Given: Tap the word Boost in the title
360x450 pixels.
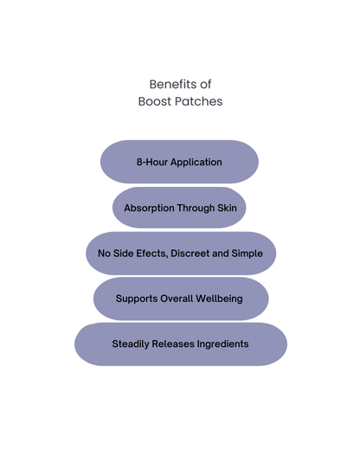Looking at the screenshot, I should pyautogui.click(x=156, y=101).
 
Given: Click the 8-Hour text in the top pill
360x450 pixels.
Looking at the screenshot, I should pyautogui.click(x=151, y=162).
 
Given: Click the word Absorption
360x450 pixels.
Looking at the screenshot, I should pyautogui.click(x=149, y=209).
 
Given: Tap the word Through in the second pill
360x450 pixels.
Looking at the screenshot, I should pyautogui.click(x=196, y=209).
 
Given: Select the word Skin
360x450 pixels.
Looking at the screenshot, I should pyautogui.click(x=227, y=209).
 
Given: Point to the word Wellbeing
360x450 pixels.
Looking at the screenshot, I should pyautogui.click(x=222, y=299).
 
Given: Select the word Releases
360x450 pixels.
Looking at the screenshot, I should pyautogui.click(x=179, y=344).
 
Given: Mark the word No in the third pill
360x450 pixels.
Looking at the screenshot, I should pyautogui.click(x=104, y=254).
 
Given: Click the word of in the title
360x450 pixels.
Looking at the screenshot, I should pyautogui.click(x=205, y=84).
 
